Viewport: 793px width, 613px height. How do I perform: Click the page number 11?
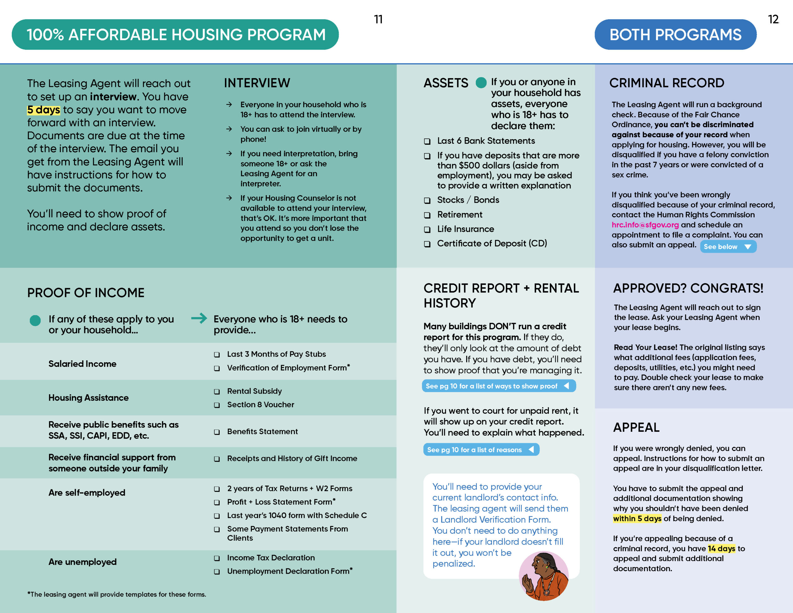[x=378, y=19]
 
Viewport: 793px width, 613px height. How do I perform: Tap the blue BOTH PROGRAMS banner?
[x=675, y=34]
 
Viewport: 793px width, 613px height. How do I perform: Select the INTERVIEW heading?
[x=257, y=83]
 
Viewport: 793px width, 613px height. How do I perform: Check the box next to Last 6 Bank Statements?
[x=427, y=141]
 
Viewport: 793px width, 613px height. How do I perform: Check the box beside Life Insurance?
[x=427, y=230]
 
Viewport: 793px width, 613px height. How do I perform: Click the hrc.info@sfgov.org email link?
[x=645, y=225]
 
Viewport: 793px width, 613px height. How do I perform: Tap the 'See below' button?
[x=728, y=247]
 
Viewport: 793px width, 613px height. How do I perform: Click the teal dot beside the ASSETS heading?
[x=481, y=83]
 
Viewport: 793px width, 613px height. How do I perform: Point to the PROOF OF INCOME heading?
[x=86, y=293]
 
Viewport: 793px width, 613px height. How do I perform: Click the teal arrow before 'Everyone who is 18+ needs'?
[x=199, y=318]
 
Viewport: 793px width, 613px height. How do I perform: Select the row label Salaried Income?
[x=82, y=364]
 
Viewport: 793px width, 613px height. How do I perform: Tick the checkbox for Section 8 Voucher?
[x=217, y=405]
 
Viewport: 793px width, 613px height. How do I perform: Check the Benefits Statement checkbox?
[x=217, y=432]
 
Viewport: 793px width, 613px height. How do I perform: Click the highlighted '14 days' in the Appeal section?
[x=721, y=549]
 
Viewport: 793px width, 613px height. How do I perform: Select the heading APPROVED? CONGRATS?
[x=688, y=288]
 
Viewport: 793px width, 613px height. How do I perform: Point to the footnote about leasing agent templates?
[x=116, y=594]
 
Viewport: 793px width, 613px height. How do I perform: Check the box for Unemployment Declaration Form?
[x=217, y=571]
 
